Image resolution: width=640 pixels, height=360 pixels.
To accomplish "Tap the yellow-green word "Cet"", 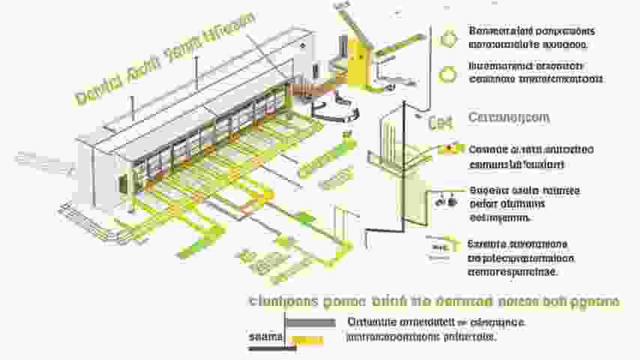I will [438, 124].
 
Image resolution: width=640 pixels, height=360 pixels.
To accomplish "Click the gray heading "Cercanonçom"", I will [509, 118].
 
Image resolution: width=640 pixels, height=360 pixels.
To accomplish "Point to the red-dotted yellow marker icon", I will [448, 148].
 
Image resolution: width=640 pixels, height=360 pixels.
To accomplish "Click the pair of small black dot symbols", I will [446, 200].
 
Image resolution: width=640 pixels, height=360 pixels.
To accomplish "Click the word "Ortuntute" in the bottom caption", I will [373, 322].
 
